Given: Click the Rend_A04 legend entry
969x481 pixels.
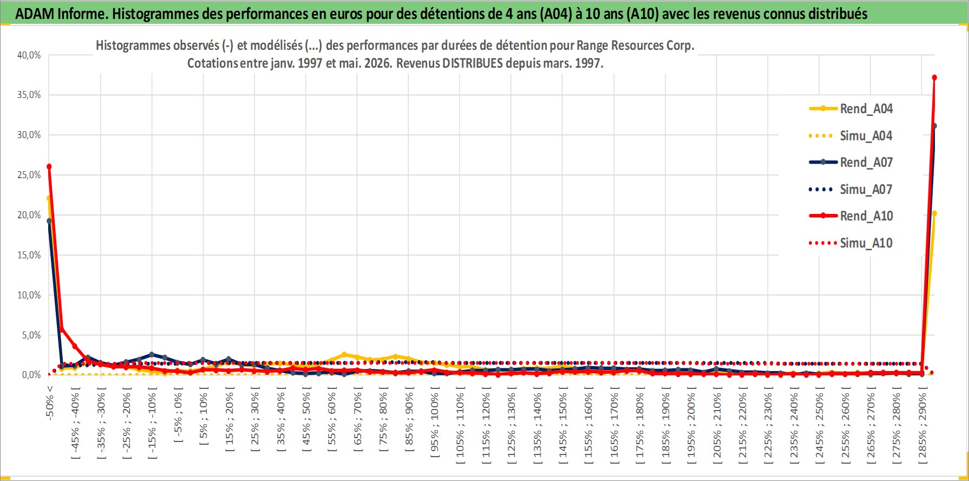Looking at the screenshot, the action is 850,108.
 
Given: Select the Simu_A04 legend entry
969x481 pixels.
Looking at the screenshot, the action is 850,135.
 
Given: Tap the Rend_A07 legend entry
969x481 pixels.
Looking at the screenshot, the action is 850,162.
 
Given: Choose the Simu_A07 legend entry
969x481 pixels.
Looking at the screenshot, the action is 850,189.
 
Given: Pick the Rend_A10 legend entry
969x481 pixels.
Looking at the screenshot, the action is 850,216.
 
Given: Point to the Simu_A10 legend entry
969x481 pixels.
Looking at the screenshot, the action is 850,243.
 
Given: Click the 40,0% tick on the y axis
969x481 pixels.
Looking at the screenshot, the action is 29,55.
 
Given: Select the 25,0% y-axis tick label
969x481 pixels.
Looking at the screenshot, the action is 29,175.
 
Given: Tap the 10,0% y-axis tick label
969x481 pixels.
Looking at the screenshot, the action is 29,295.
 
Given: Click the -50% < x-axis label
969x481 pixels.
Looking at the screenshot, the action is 50,403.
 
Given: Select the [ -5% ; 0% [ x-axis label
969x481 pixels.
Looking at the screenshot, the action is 178,414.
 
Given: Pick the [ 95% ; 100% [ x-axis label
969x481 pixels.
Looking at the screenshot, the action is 435,422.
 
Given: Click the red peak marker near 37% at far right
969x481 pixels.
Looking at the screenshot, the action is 934,77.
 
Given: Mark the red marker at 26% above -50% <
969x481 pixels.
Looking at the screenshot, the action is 49,166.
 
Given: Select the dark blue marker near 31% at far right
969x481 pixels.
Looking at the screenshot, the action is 934,126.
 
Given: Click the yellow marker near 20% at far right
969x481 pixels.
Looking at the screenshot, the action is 934,213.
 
